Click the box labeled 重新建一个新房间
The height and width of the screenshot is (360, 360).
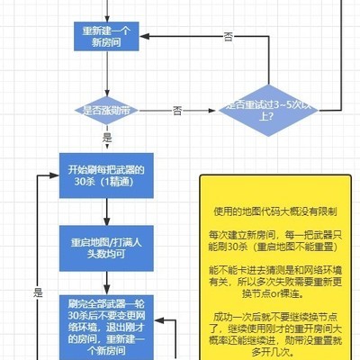coord(106,36)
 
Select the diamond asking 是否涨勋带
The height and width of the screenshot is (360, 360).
coord(107,111)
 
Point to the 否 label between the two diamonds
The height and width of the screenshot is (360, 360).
coord(177,110)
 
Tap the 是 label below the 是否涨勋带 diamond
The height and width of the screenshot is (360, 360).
coord(108,138)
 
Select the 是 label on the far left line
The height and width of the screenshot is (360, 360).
coord(38,292)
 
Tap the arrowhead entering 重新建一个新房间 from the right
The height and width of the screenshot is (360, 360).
coord(148,36)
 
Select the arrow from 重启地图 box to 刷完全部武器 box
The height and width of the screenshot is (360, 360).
coord(106,283)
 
